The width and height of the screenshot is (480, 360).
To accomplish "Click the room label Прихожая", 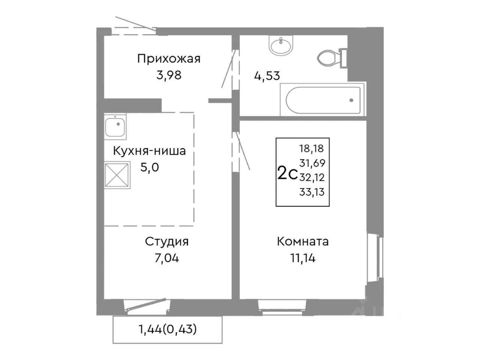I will click(x=169, y=59).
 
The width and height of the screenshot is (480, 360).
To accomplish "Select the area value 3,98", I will click(x=169, y=75).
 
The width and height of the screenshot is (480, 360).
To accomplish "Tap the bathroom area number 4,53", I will click(x=267, y=76).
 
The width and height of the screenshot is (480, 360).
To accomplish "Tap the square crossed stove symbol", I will click(x=117, y=174).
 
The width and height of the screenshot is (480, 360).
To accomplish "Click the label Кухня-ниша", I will click(x=149, y=151).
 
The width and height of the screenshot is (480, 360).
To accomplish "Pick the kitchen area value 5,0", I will click(x=149, y=167).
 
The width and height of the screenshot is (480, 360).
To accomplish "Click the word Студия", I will click(x=166, y=241).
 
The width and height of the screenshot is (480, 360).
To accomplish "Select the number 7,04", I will click(x=166, y=258).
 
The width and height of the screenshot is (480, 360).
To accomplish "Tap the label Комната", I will click(x=303, y=241).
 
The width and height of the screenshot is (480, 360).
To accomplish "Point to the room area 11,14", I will click(x=303, y=258).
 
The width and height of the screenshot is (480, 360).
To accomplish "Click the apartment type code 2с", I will click(x=287, y=174).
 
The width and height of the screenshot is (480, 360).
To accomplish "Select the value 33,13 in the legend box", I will click(x=312, y=192).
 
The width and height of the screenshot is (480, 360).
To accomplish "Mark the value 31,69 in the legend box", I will click(x=312, y=163).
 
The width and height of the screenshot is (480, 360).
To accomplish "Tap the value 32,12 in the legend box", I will click(x=312, y=177).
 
